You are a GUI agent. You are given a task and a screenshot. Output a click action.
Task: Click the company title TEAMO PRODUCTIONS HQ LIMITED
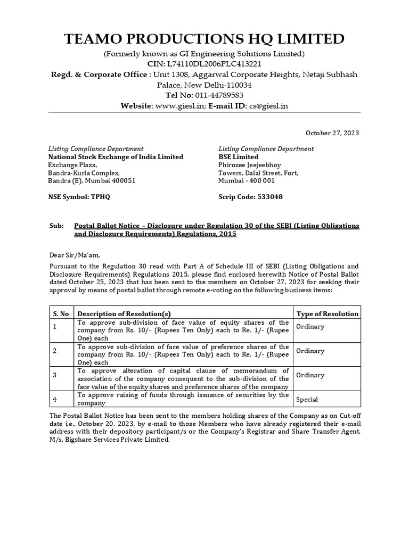click(x=204, y=39)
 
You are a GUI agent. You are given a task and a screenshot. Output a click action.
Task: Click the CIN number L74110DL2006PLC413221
click(x=215, y=64)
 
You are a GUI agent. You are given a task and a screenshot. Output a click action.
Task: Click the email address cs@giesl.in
click(x=268, y=106)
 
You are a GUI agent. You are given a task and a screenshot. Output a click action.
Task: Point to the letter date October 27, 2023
click(x=332, y=133)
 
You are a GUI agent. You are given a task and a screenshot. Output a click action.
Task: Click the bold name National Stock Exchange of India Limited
click(x=116, y=157)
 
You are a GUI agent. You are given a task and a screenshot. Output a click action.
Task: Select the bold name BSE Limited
click(x=238, y=157)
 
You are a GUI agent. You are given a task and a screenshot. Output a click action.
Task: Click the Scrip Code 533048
click(x=250, y=196)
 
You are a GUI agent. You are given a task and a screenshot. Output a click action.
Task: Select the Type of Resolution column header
click(x=327, y=313)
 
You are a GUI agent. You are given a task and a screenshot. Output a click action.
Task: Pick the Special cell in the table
click(x=307, y=399)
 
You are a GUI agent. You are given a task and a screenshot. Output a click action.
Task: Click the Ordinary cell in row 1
click(x=310, y=326)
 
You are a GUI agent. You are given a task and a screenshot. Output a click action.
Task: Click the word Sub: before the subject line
click(x=55, y=226)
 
